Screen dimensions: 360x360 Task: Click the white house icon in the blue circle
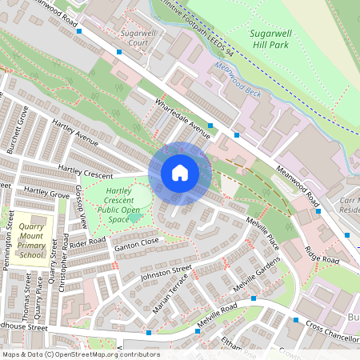(180, 173)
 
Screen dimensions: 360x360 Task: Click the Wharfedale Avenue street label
(182, 120)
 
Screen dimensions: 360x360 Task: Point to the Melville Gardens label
(257, 276)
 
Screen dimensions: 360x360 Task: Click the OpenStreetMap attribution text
(80, 354)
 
